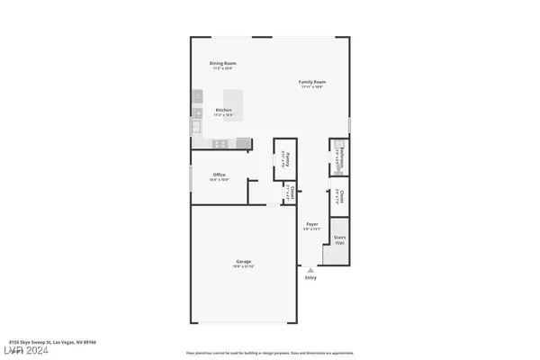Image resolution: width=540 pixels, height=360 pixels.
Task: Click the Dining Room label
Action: point(222,64)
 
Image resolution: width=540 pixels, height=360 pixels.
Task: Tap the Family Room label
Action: point(311,83)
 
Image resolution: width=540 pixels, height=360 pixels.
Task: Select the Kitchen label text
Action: point(222,110)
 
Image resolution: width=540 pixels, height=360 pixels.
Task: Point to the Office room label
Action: point(219,175)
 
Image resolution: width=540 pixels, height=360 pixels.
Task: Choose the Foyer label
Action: point(312,223)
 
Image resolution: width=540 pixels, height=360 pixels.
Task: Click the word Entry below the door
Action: point(311,277)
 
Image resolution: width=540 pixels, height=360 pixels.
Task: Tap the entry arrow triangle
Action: point(311,269)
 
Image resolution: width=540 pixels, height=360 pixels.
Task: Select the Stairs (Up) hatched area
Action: point(339,254)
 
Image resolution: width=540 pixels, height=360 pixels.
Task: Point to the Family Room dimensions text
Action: point(311,88)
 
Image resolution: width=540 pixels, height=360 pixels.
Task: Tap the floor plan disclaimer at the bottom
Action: point(269,354)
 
